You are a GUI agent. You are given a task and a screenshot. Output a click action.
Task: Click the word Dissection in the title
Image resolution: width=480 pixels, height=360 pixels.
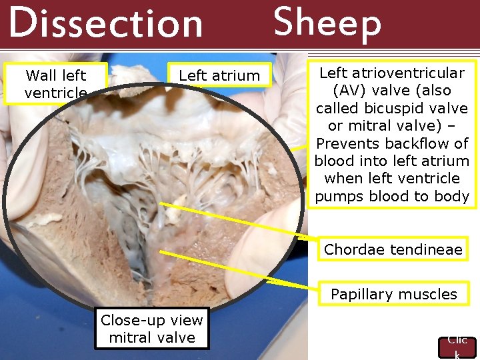tap(105, 23)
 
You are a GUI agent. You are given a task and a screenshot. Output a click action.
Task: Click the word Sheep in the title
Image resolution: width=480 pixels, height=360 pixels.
tap(327, 22)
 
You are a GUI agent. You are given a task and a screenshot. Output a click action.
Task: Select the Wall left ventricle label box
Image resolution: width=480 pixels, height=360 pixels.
tap(55, 84)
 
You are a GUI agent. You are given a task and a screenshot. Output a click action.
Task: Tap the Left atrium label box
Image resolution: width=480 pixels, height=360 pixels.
tap(219, 76)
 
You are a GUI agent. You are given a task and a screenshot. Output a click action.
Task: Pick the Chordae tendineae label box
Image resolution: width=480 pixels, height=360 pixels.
tap(393, 250)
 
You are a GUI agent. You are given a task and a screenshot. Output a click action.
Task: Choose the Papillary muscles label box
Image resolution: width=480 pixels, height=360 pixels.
tap(393, 294)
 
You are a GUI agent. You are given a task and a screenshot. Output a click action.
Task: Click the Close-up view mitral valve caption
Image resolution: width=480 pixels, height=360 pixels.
tap(152, 329)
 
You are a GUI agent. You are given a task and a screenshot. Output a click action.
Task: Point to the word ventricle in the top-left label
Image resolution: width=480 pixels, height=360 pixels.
tap(55, 93)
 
